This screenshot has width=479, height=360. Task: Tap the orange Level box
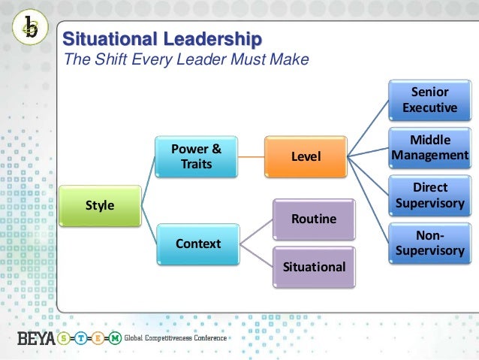[305, 156]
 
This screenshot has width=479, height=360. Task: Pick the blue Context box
[197, 244]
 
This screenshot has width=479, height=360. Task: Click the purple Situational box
[314, 266]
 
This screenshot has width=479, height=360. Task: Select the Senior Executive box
[429, 100]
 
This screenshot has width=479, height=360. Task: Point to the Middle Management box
[429, 148]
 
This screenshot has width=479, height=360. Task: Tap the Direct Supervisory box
[429, 195]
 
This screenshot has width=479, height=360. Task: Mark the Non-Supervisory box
[429, 243]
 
